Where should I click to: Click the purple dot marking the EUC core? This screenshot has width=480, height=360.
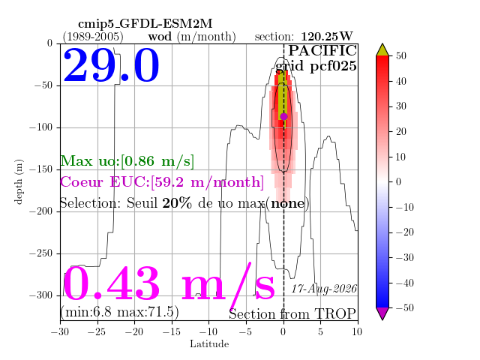[x=283, y=116]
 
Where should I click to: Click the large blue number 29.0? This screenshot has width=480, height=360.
[x=111, y=65]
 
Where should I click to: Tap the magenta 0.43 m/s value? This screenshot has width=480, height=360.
[x=169, y=283]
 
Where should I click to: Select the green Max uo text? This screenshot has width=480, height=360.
[x=127, y=161]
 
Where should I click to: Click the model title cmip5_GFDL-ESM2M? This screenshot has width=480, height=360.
[x=145, y=23]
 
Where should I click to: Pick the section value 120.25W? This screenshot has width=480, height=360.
[x=327, y=37]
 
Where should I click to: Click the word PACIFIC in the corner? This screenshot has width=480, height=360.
[x=322, y=50]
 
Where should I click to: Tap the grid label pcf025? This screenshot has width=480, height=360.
[x=333, y=66]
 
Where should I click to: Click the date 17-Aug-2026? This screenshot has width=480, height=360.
[x=324, y=289]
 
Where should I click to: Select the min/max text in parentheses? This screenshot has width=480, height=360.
[x=119, y=312]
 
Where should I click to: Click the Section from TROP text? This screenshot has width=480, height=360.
[x=292, y=314]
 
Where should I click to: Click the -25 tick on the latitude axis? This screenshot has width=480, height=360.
[x=97, y=331]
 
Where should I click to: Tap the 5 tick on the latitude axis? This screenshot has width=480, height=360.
[x=320, y=331]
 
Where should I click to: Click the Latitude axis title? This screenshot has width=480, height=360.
[x=209, y=344]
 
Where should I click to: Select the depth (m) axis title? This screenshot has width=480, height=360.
[x=19, y=181]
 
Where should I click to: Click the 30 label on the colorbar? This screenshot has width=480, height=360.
[x=401, y=106]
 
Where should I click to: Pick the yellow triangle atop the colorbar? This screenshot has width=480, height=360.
[x=382, y=50]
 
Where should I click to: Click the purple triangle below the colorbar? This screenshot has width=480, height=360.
[x=382, y=313]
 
